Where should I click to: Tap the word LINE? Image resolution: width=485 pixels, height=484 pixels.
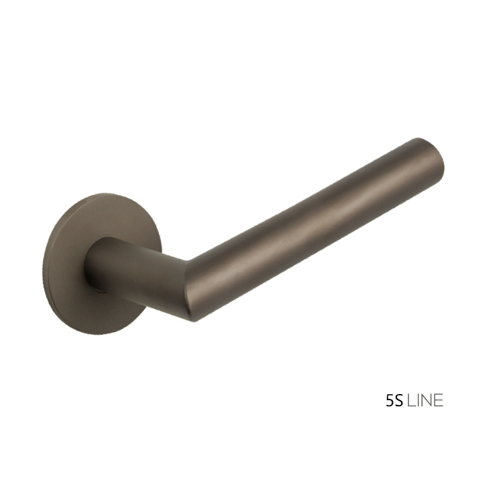pos(425,401)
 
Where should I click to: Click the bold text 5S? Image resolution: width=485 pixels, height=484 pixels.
pos(395,401)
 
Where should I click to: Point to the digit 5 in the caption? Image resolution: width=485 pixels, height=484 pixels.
pos(390,401)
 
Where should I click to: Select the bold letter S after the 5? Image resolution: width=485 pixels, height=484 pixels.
pos(399,401)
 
